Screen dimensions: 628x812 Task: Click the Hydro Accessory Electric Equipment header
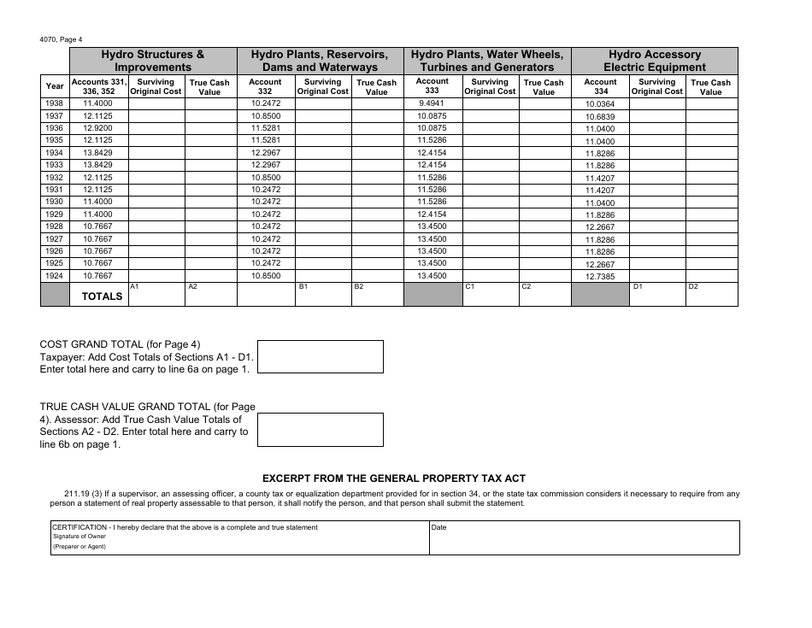point(655,61)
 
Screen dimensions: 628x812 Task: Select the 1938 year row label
point(55,103)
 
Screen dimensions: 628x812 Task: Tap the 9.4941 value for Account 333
point(432,103)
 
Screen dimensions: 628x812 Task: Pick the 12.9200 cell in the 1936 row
point(98,128)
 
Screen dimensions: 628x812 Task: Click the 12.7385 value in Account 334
point(600,277)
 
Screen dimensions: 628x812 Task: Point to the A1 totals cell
point(156,294)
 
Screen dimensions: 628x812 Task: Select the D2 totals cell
point(712,294)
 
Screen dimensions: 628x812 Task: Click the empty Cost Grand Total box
point(321,356)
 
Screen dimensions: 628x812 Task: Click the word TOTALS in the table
point(103,296)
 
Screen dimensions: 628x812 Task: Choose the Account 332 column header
point(265,87)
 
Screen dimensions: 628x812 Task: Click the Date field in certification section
point(584,538)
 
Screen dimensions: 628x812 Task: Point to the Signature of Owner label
point(77,537)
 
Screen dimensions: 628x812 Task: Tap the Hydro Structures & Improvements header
point(153,61)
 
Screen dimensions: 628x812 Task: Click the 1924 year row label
point(55,276)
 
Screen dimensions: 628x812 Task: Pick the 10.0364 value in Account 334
point(600,104)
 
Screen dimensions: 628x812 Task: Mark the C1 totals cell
point(490,294)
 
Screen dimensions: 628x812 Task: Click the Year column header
point(55,86)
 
